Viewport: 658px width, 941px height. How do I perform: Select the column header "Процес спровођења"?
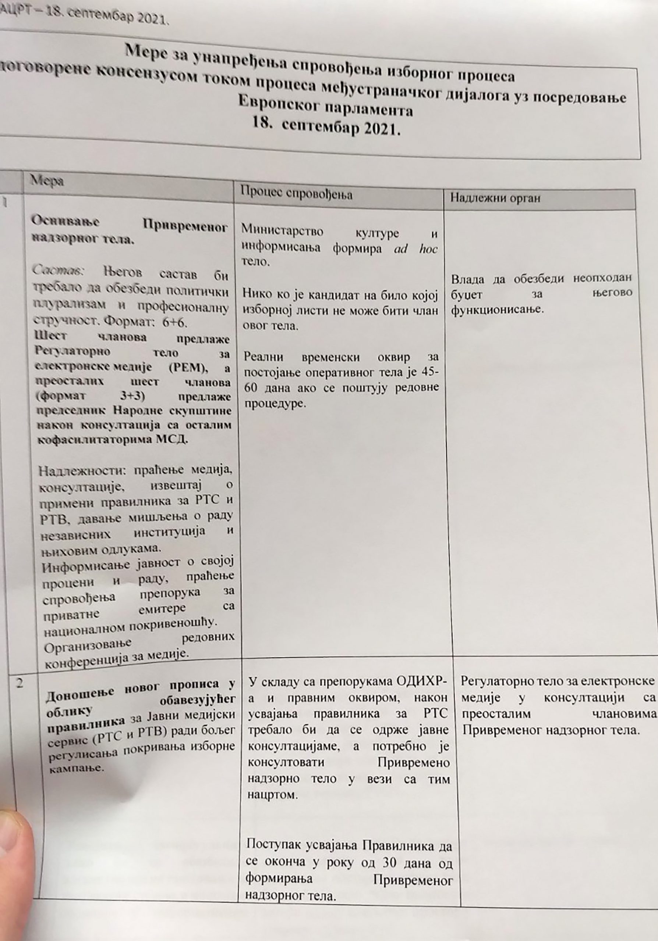[x=296, y=194]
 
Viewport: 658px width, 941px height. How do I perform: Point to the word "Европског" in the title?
[x=278, y=103]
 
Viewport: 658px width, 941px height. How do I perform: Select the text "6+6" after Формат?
[x=174, y=322]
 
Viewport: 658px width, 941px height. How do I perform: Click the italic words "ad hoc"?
[x=415, y=249]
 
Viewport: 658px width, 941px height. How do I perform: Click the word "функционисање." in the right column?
[x=497, y=310]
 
